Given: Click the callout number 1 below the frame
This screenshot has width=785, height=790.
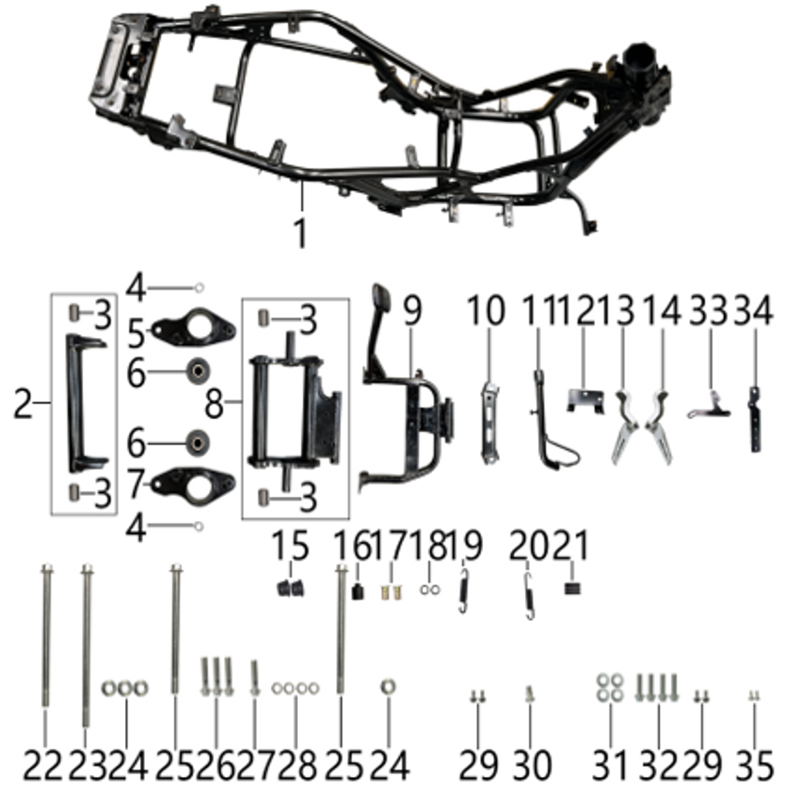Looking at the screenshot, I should pos(300,231).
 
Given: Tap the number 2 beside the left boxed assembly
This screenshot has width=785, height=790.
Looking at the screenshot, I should pos(24,403).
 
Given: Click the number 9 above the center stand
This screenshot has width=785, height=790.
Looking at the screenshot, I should pos(412,312).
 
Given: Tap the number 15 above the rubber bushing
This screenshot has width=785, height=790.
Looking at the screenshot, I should pos(290,547).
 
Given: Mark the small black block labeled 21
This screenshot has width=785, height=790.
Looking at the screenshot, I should pos(573,589).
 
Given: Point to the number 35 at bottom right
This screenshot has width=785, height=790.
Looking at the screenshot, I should pos(754,765).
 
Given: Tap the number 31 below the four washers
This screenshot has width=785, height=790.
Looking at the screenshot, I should pos(611,765).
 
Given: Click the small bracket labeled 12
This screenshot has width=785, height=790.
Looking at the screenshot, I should pos(586,400).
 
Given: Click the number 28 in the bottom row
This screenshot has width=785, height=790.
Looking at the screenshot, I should pos(296,765).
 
